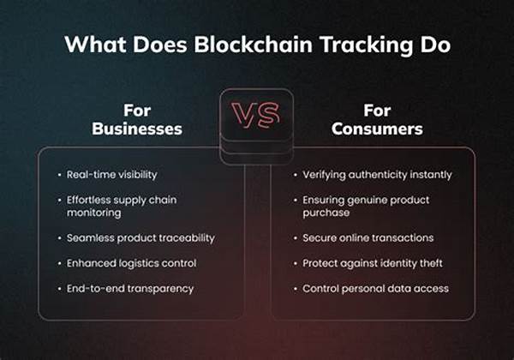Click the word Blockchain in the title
coord(253,45)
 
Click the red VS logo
coord(256,114)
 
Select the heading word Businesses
coord(137,129)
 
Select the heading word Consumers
coord(377,129)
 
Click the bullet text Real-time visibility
coord(111,175)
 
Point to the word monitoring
coord(93,213)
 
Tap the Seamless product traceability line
coord(140,238)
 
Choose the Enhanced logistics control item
coord(131,263)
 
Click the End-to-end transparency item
coord(130,289)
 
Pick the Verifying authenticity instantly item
coord(377,175)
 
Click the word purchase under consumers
coord(326,213)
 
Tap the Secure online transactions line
coord(368,238)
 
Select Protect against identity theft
coord(373,263)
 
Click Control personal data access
coord(375,289)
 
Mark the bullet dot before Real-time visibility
coord(59,175)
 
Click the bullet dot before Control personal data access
coord(296,289)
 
